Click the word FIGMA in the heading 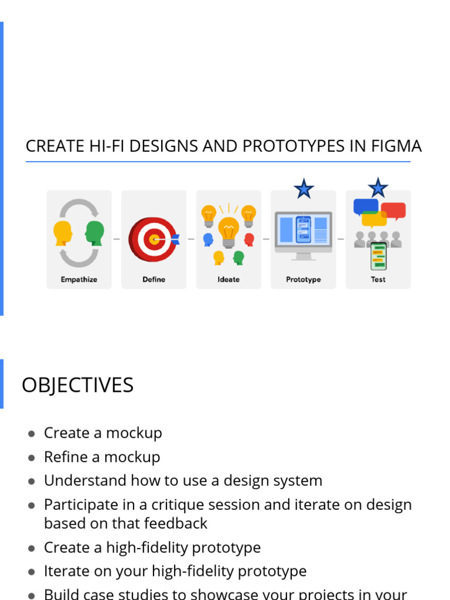click(396, 146)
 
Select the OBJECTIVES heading click(77, 386)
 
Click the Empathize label click(79, 279)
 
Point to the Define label click(154, 279)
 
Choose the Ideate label click(229, 279)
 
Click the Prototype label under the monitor click(304, 279)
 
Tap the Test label click(378, 279)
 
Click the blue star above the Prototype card click(304, 189)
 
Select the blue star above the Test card click(378, 188)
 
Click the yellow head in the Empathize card click(63, 233)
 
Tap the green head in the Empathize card click(95, 233)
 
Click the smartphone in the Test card click(379, 256)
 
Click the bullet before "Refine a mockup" click(31, 458)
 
